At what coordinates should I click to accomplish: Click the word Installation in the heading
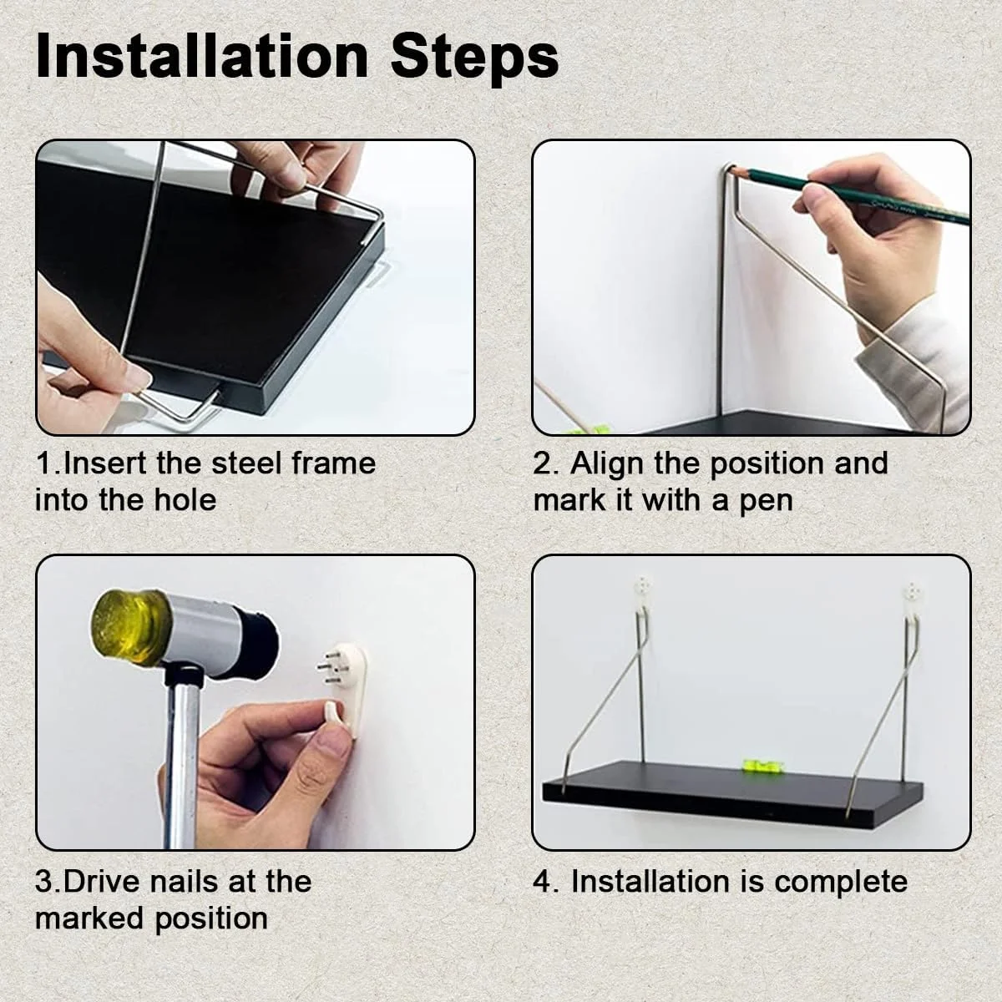pyautogui.click(x=202, y=56)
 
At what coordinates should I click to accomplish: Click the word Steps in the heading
pyautogui.click(x=475, y=58)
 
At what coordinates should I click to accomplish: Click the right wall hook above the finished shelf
pyautogui.click(x=912, y=597)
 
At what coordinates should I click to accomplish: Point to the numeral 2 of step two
pyautogui.click(x=542, y=463)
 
